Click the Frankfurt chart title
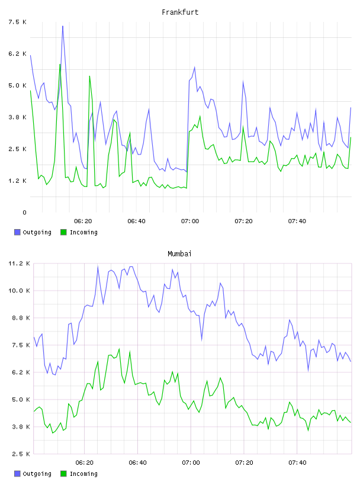click(180, 12)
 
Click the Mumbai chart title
click(179, 254)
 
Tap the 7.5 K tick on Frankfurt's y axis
click(17, 22)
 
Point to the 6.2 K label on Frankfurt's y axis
click(17, 54)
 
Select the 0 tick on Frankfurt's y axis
click(24, 212)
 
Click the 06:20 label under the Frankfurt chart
click(83, 221)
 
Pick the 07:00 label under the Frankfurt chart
click(190, 221)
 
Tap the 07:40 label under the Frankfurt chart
click(297, 221)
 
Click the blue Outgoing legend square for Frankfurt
click(17, 232)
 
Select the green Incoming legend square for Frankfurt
click(63, 232)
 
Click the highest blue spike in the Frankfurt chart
click(63, 26)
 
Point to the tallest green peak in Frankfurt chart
click(60, 65)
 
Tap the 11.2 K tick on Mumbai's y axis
click(19, 263)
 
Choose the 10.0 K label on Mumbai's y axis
click(19, 291)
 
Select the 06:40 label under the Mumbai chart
click(138, 463)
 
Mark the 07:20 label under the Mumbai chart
click(244, 463)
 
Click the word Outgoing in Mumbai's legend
click(37, 474)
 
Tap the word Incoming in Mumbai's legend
click(83, 474)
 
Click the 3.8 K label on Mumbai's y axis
click(21, 427)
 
